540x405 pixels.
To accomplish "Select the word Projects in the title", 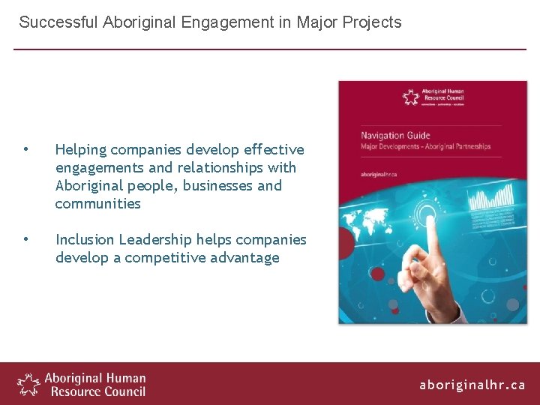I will pyautogui.click(x=372, y=22).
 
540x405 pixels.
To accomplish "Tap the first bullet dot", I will pyautogui.click(x=25, y=148).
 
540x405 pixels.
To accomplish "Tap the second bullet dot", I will pyautogui.click(x=25, y=238).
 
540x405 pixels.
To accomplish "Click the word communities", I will pyautogui.click(x=97, y=203).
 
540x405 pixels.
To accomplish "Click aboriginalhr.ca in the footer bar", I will pyautogui.click(x=472, y=385).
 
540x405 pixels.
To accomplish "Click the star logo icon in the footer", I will pyautogui.click(x=28, y=383).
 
